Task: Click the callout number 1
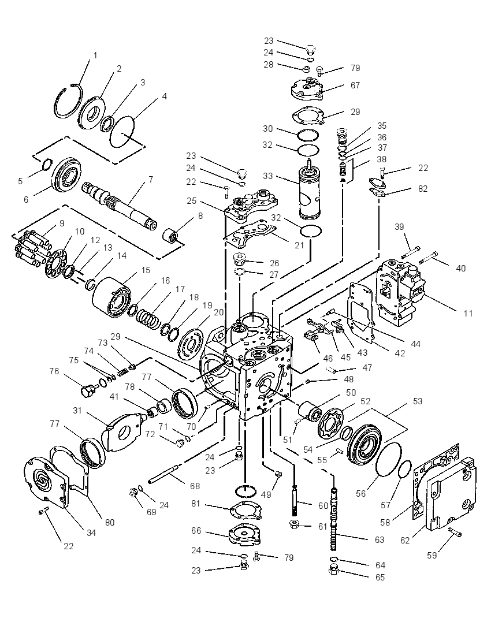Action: pos(95,55)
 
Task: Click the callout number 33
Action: pos(267,176)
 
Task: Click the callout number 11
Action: pos(468,313)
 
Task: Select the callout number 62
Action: pos(405,540)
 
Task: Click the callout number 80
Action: pos(110,522)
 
